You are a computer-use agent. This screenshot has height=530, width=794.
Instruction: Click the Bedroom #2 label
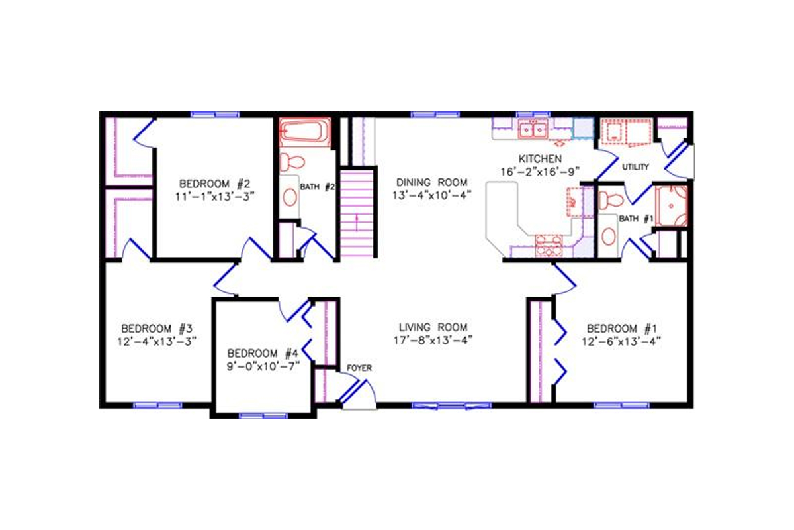(x=213, y=183)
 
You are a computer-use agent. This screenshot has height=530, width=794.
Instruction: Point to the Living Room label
(x=433, y=327)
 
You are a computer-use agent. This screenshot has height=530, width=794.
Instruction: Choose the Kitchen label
(x=540, y=159)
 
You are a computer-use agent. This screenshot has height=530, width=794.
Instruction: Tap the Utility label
(x=635, y=167)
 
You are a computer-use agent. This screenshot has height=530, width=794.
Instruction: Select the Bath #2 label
(x=318, y=187)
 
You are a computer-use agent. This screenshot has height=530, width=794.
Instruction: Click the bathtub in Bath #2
(x=304, y=132)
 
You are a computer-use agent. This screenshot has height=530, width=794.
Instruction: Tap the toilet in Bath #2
(x=292, y=162)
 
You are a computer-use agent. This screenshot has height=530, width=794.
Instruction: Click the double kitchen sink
(x=533, y=130)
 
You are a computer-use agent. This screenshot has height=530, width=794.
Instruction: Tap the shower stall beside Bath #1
(x=670, y=206)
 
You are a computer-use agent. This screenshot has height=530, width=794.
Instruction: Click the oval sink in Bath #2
(x=290, y=196)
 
